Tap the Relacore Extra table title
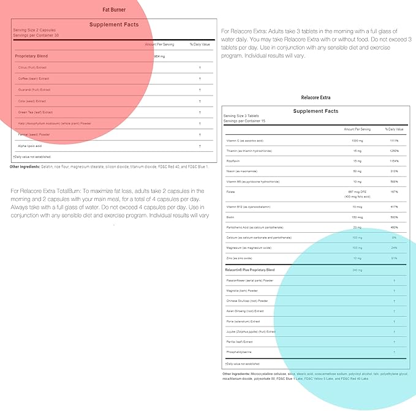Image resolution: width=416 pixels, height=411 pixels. click(x=316, y=97)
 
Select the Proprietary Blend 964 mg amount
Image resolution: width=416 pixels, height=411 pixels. click(x=161, y=56)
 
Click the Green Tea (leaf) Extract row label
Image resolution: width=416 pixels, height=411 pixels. click(x=35, y=112)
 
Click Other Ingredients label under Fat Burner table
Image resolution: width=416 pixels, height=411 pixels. click(x=25, y=167)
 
